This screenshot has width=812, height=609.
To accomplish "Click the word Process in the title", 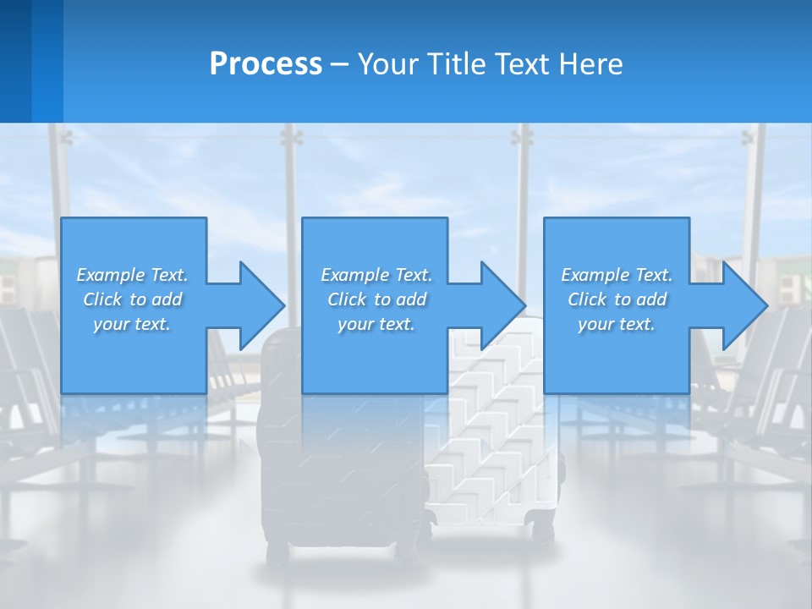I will [x=266, y=63].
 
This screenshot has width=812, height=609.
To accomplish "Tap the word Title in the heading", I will [x=455, y=63].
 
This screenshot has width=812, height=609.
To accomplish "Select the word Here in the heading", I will [x=590, y=63].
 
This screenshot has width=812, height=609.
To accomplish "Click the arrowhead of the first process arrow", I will [x=262, y=305].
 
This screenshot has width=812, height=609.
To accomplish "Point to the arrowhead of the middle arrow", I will [x=503, y=305].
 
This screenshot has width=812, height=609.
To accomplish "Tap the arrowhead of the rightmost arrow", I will [x=745, y=305].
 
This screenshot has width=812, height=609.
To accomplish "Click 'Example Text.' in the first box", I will [x=133, y=275].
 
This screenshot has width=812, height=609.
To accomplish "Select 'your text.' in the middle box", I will [x=376, y=324].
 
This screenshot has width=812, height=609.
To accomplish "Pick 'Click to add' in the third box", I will [x=617, y=299].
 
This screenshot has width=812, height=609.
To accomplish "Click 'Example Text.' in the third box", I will [x=617, y=275].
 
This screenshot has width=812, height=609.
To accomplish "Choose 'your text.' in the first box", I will [x=133, y=324].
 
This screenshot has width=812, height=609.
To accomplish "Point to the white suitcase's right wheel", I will [x=541, y=533].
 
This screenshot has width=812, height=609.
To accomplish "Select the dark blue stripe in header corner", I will [x=15, y=61].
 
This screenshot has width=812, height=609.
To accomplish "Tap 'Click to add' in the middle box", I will [x=376, y=299].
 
